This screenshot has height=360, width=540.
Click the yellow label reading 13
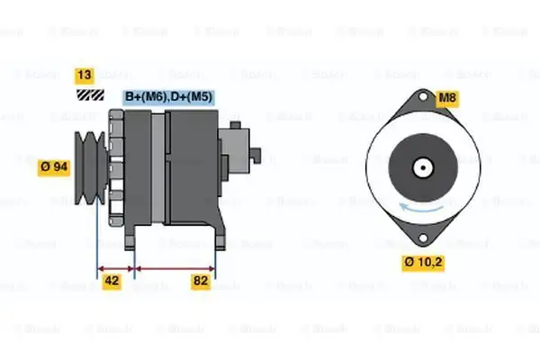tap(85, 76)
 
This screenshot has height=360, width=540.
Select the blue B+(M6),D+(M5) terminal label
tap(168, 96)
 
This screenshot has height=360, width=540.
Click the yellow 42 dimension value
tap(112, 282)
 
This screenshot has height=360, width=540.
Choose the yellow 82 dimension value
tap(201, 282)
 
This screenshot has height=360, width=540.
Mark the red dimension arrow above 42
tap(114, 267)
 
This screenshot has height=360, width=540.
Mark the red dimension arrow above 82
tap(174, 267)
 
